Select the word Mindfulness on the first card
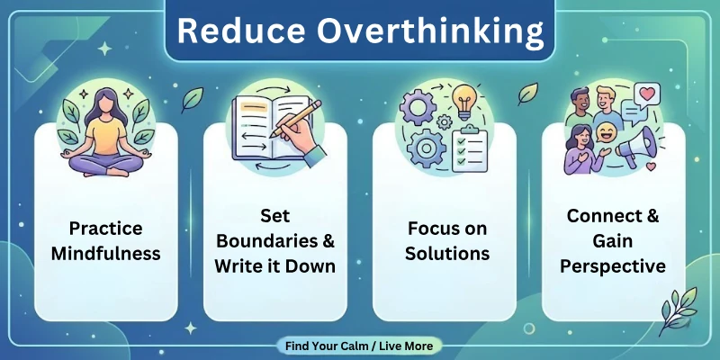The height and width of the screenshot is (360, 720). [105, 253]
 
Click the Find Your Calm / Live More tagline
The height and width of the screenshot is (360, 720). [359, 346]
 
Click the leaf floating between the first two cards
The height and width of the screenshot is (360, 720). [191, 98]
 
